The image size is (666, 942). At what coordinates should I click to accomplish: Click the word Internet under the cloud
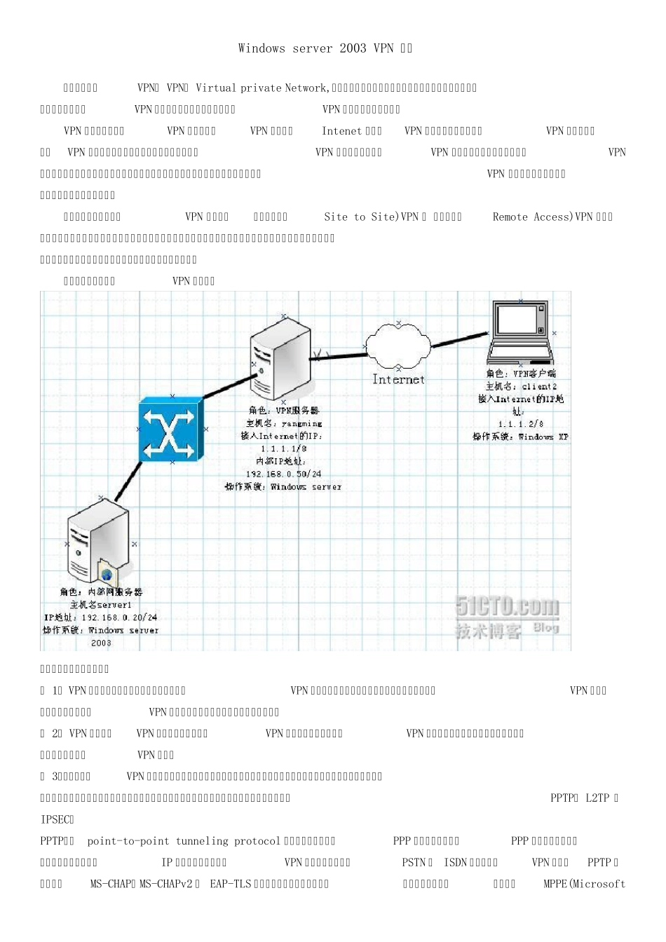[x=398, y=379]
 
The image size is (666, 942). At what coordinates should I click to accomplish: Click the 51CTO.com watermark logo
[x=507, y=607]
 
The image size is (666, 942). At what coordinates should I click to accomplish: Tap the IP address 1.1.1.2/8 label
[x=520, y=424]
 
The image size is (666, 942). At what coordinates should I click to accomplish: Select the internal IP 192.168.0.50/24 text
[x=283, y=474]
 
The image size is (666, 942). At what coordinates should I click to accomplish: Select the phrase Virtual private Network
[x=261, y=88]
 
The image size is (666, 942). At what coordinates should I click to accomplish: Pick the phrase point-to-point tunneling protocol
[x=184, y=840]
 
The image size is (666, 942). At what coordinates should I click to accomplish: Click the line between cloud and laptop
[x=459, y=340]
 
